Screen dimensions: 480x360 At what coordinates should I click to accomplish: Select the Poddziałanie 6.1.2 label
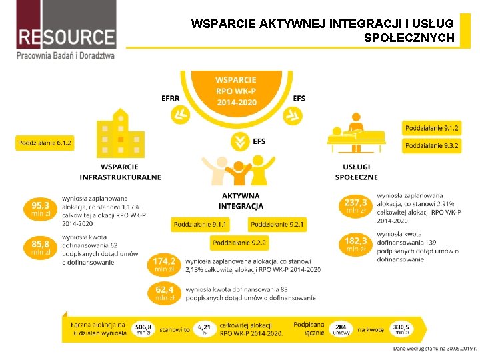point(45,143)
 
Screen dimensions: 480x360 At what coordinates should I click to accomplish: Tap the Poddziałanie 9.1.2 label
point(432,127)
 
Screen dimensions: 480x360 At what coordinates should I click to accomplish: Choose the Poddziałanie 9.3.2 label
point(432,145)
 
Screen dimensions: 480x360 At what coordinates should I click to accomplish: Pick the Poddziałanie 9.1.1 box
point(201,225)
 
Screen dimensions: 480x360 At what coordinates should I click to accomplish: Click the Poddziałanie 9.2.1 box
point(278,225)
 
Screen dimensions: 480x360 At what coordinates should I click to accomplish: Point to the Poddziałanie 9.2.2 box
point(240,243)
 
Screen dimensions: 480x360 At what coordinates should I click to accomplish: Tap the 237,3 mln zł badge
point(355,205)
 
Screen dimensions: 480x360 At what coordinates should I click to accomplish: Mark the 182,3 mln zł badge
point(355,243)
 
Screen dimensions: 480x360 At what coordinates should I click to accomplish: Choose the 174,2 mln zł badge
point(164,265)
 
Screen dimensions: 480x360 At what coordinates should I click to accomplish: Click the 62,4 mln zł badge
point(164,293)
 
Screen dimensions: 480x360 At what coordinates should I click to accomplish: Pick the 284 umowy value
point(341,329)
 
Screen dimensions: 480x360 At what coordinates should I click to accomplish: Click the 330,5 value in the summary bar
point(401,329)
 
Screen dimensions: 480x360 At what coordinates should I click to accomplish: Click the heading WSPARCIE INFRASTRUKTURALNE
point(120,172)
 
